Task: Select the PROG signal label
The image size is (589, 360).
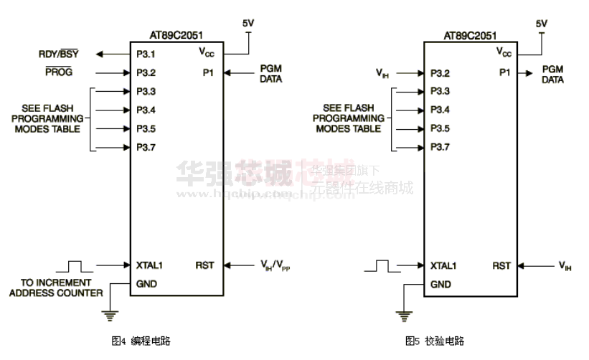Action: pos(59,72)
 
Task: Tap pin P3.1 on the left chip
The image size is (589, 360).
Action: pos(146,54)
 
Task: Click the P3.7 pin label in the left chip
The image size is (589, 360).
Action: pos(146,148)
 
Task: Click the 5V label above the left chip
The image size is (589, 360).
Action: pos(248,24)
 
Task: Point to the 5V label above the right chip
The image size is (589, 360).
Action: pos(542,24)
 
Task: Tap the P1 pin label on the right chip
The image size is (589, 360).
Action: pos(506,72)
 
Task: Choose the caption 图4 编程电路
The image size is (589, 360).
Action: pos(141,341)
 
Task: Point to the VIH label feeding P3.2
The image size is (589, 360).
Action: pos(382,73)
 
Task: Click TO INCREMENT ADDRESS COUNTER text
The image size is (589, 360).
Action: pos(62,288)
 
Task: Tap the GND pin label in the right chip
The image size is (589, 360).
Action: pos(440,284)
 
